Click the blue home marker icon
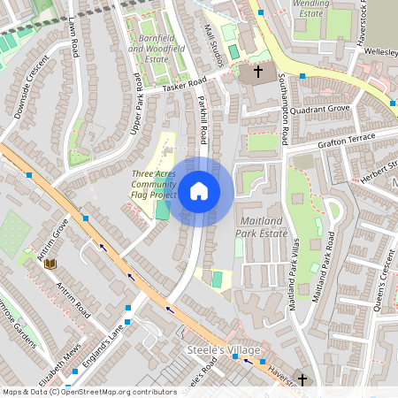coord(199,191)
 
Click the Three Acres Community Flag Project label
coord(154,184)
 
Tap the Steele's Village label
coord(224,351)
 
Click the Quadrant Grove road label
coord(327,110)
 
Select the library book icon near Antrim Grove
coord(50,264)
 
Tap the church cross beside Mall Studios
coord(258,70)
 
